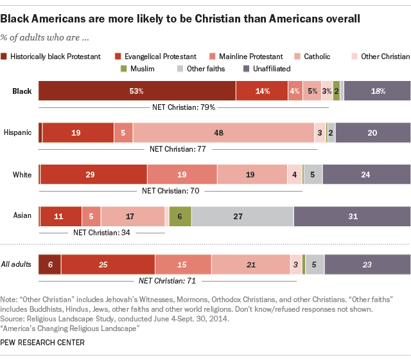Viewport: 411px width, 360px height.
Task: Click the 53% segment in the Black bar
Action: (137, 91)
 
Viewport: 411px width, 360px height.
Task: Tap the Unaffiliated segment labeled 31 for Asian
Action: (352, 217)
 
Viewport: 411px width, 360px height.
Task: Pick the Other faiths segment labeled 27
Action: (242, 217)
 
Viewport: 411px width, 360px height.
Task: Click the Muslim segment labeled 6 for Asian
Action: (180, 217)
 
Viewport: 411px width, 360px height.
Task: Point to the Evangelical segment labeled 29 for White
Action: (93, 175)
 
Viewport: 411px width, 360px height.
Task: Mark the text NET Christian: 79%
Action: (182, 107)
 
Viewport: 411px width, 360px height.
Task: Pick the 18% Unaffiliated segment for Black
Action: (378, 91)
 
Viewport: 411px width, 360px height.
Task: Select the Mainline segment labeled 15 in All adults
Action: (183, 264)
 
